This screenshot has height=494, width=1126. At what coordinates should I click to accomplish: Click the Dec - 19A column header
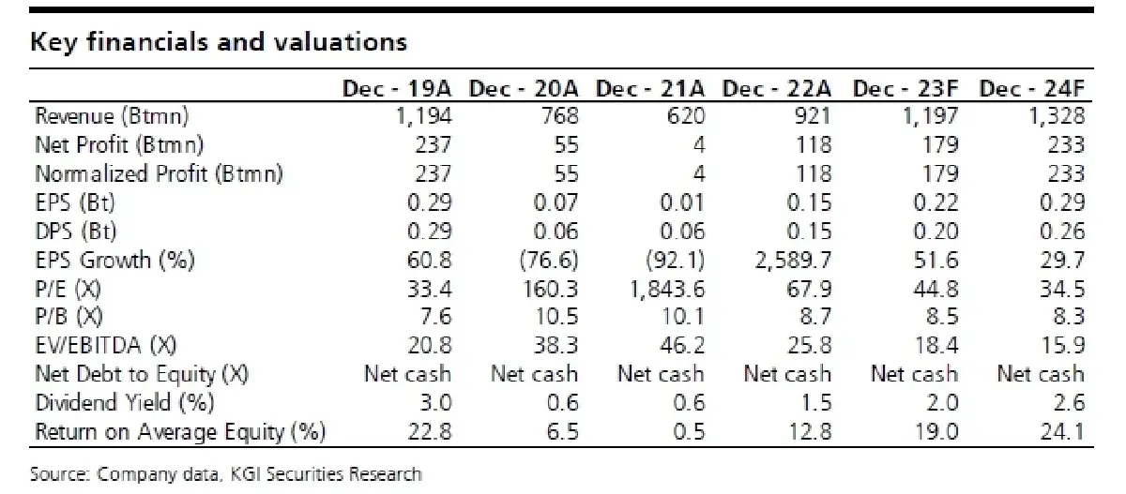coord(397,89)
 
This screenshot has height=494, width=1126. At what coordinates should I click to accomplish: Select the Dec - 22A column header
coord(777,89)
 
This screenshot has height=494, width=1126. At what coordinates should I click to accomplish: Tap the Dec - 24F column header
coord(1032,89)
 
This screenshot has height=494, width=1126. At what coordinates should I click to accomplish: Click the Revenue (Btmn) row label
coord(112,116)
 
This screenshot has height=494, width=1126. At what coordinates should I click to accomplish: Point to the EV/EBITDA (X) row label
coord(105,345)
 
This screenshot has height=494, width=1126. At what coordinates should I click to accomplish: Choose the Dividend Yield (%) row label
coord(125,403)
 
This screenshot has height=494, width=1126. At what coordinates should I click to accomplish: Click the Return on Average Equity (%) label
coord(180,432)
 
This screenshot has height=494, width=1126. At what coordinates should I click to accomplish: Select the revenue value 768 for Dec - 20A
coord(560,116)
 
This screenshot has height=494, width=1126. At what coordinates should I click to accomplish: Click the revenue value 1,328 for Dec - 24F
coord(1057,116)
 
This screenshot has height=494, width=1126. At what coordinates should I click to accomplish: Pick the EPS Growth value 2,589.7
coord(793,260)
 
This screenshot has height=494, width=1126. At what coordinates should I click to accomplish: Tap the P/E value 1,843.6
coord(667,289)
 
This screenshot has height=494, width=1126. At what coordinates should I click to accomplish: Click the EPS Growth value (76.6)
coord(549,260)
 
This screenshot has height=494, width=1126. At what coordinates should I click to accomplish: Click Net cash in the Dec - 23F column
coord(914,374)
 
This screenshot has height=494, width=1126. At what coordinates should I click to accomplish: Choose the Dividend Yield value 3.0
coord(435,403)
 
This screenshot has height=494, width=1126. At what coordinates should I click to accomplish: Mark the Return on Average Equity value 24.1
coord(1061,432)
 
